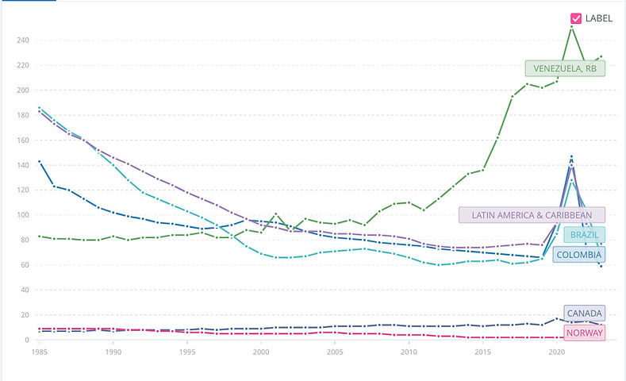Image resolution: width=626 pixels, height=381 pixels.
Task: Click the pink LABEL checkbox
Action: [x=576, y=18]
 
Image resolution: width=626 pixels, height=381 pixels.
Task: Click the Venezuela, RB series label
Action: [x=565, y=69]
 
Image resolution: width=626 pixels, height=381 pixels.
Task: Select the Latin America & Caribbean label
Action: [x=532, y=215]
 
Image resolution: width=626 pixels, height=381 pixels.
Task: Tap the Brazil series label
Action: [x=583, y=235]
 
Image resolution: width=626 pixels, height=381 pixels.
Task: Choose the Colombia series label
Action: [x=578, y=255]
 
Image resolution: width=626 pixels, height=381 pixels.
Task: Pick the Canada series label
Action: [x=584, y=314]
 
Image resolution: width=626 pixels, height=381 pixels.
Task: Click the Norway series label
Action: [x=585, y=333]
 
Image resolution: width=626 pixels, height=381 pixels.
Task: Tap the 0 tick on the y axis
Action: [x=26, y=340]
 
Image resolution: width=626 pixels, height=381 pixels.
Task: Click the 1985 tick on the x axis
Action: [x=38, y=351]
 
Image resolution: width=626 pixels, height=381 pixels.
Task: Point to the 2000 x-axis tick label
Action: [x=260, y=351]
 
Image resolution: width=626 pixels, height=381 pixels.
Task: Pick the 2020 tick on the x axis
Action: [x=557, y=351]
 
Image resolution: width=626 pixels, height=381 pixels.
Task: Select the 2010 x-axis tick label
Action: [x=409, y=351]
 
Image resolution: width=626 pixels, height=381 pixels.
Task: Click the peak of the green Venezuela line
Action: [x=571, y=27]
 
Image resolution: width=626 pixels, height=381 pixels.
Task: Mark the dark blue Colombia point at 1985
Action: [x=39, y=161]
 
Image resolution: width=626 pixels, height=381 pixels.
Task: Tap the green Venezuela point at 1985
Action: [x=39, y=236]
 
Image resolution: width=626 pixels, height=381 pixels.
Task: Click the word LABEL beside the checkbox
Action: [x=599, y=18]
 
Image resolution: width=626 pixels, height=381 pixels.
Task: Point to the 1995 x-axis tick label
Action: [x=186, y=351]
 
